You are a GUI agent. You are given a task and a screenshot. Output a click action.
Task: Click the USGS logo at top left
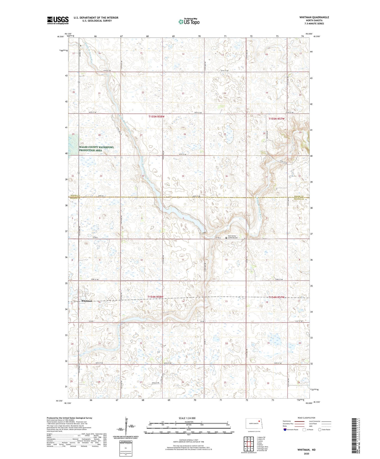tap(58, 20)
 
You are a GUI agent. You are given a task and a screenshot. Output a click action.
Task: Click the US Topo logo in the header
tap(189, 22)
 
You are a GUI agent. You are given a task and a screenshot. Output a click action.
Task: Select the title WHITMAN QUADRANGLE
tap(314, 17)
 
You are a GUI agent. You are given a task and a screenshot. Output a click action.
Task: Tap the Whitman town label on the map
tap(87, 301)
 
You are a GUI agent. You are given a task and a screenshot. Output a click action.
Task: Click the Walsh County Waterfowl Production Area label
tap(97, 149)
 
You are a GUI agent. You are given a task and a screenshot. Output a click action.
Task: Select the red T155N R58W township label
tap(156, 116)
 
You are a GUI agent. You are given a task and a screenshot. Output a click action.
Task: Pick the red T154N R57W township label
tap(276, 297)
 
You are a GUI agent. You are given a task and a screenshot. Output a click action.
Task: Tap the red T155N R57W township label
tap(276, 119)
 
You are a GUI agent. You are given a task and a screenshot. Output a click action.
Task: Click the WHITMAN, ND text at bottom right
tap(306, 450)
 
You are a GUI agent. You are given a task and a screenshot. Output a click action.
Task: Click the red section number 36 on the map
tap(226, 176)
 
